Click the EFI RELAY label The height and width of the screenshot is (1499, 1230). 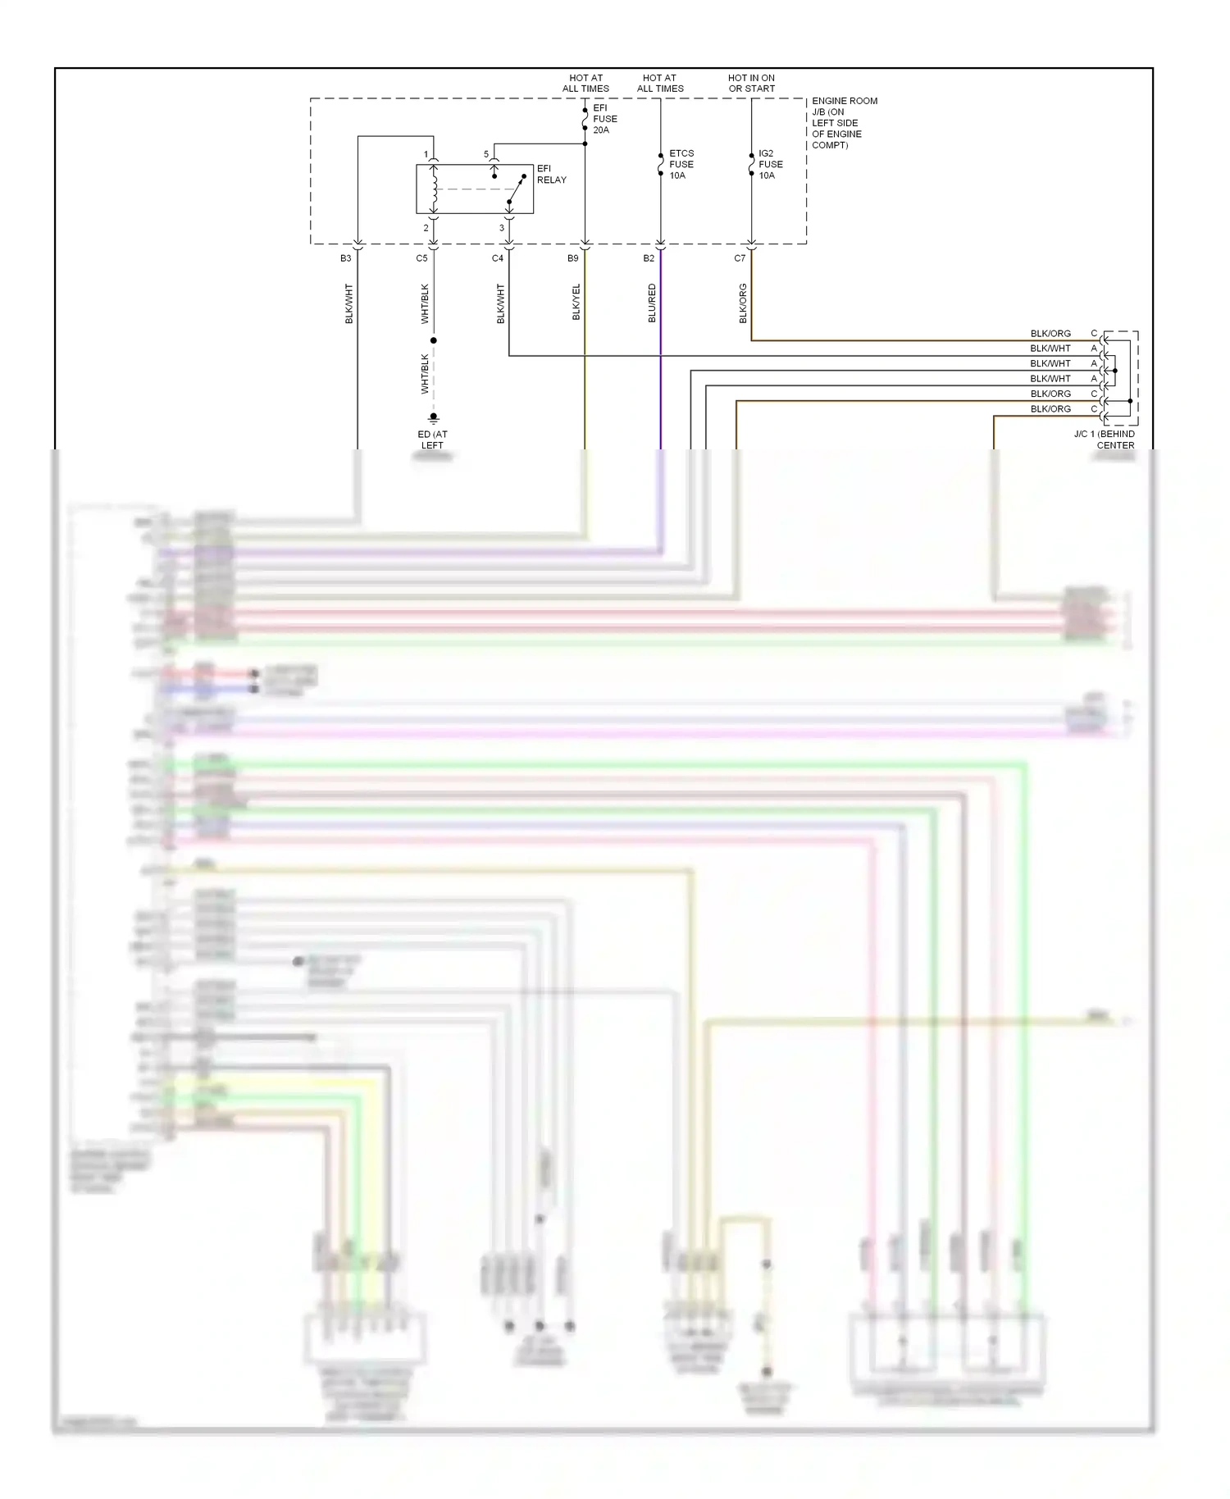551,174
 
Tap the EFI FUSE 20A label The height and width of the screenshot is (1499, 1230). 604,119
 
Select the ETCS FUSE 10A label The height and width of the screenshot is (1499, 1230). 681,164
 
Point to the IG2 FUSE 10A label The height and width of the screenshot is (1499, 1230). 770,164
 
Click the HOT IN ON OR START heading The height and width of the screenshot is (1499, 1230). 751,83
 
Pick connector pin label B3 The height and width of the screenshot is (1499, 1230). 345,258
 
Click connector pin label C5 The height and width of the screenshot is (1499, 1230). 421,258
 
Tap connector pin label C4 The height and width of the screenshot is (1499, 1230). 497,258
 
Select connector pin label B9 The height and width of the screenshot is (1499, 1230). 572,258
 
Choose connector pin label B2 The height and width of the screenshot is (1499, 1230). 649,258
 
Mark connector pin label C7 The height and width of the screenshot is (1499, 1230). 740,258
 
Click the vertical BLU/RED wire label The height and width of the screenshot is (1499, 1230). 653,303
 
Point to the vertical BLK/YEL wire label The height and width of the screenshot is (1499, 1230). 576,303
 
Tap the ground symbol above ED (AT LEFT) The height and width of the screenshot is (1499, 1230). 434,417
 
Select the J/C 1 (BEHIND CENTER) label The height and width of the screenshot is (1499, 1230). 1105,440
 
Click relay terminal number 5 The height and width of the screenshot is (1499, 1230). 485,154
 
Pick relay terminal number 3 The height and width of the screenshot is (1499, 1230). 502,228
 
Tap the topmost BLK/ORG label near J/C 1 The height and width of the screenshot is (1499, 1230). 1050,334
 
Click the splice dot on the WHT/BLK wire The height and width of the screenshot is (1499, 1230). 434,340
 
